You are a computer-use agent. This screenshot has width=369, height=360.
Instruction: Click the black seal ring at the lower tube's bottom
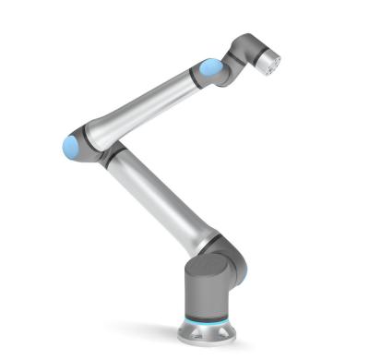(x=207, y=242)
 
